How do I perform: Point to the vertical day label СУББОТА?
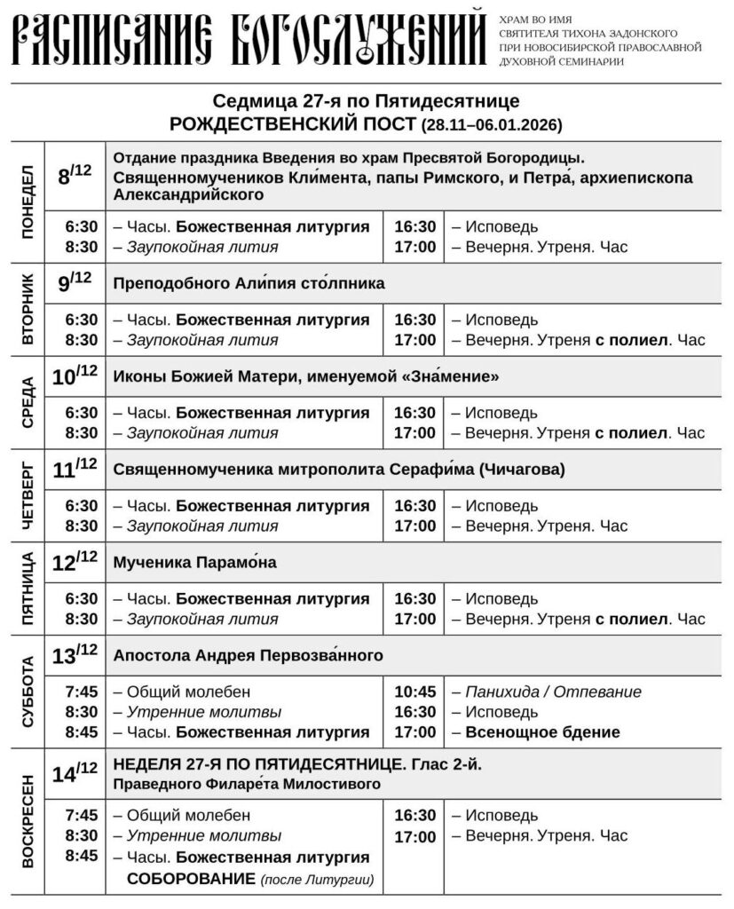pos(28,692)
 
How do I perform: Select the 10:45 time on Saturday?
pos(414,692)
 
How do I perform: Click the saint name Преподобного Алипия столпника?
pos(249,283)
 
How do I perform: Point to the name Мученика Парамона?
pos(195,562)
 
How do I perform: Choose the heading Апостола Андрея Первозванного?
pos(248,656)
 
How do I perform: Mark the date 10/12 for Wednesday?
pos(75,375)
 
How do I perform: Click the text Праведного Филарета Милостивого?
pos(248,784)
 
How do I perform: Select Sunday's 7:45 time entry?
pos(82,815)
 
